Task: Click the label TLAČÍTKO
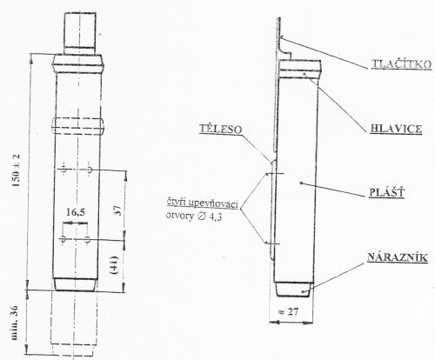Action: point(401,64)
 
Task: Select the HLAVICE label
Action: point(396,129)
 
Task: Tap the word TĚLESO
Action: point(220,129)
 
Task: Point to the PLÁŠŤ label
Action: point(387,192)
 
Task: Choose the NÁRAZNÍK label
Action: point(398,257)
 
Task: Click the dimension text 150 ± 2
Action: point(17,170)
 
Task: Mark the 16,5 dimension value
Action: point(76,212)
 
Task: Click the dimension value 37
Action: point(118,210)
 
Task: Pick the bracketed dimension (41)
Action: point(114,265)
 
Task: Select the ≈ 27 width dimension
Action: point(288,311)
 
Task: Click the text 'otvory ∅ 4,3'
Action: point(194,217)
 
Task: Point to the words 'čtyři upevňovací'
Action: point(202,203)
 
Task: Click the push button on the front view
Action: point(80,30)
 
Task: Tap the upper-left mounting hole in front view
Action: point(64,169)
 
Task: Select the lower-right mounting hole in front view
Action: point(87,240)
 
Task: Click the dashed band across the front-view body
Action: point(78,126)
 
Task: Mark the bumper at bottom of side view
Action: point(293,290)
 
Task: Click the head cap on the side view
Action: point(300,69)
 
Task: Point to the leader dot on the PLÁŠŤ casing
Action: point(302,183)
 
